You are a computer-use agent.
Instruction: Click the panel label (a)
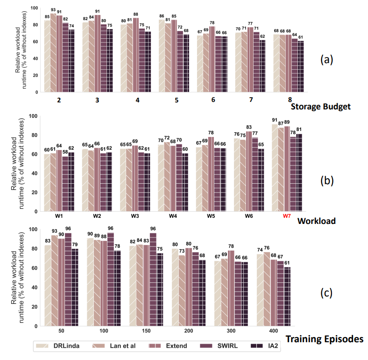click(x=327, y=59)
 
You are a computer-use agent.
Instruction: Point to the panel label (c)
click(x=326, y=293)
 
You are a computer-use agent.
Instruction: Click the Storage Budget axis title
click(x=320, y=107)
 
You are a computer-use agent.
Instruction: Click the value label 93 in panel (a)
click(x=53, y=10)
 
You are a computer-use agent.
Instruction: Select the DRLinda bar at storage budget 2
click(x=46, y=56)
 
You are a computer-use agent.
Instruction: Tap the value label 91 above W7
click(x=275, y=120)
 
